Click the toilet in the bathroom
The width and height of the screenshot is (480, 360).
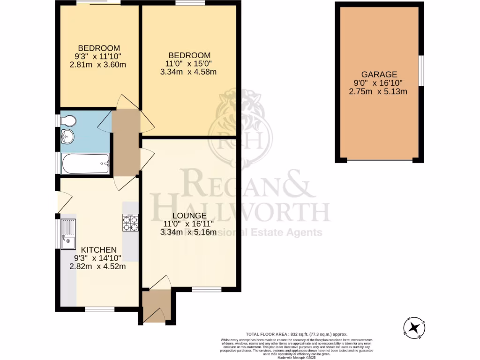68,121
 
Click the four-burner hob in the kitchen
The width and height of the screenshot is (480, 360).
130,222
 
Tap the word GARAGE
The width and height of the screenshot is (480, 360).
379,74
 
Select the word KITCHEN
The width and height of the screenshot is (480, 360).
98,249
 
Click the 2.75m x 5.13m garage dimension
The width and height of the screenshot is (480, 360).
378,92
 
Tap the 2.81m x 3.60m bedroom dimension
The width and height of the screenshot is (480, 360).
98,65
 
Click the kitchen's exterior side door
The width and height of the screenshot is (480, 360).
63,202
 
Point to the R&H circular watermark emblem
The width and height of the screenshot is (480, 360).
236,136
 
